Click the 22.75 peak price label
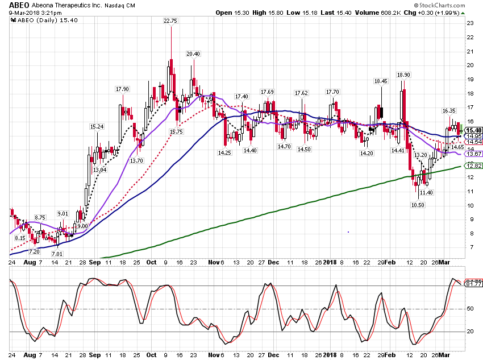(170, 20)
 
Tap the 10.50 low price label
(418, 205)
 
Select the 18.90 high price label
(403, 75)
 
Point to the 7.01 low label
(57, 254)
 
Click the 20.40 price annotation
(193, 53)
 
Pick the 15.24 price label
(97, 126)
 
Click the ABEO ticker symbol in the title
(19, 5)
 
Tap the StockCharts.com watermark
(439, 5)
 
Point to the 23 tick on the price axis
(470, 23)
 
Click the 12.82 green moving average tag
(473, 166)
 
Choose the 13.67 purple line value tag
(473, 154)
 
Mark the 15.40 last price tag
(473, 130)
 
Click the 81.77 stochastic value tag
(474, 284)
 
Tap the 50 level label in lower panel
(470, 308)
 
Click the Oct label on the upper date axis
(151, 262)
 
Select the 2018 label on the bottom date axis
(330, 355)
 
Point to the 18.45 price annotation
(381, 81)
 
